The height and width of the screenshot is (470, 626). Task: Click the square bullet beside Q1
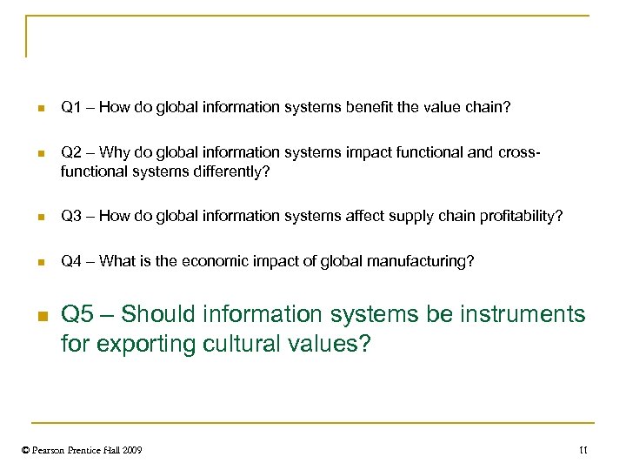[x=39, y=109]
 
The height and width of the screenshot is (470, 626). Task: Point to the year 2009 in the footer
[x=132, y=450]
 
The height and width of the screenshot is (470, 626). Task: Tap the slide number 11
[x=583, y=450]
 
